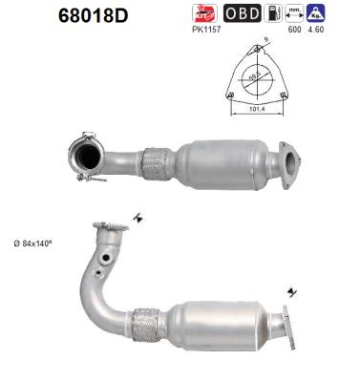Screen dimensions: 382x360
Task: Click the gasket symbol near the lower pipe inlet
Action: tap(138, 218)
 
